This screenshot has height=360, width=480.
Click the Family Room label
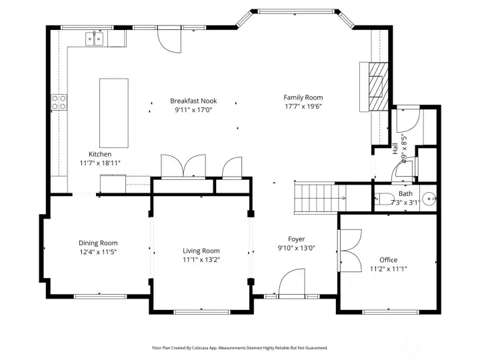pyautogui.click(x=303, y=97)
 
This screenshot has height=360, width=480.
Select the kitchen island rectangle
pyautogui.click(x=114, y=113)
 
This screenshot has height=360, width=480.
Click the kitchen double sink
pyautogui.click(x=95, y=40)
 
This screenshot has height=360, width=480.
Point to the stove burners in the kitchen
pyautogui.click(x=59, y=102)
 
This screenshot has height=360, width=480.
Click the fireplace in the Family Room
pyautogui.click(x=376, y=85)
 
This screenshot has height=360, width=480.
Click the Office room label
pyautogui.click(x=388, y=260)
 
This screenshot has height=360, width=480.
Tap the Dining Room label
pyautogui.click(x=98, y=243)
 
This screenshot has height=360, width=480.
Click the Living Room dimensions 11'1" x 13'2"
pyautogui.click(x=201, y=260)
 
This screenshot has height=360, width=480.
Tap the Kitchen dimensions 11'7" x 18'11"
pyautogui.click(x=100, y=163)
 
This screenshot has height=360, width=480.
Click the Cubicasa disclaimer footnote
pyautogui.click(x=240, y=347)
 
